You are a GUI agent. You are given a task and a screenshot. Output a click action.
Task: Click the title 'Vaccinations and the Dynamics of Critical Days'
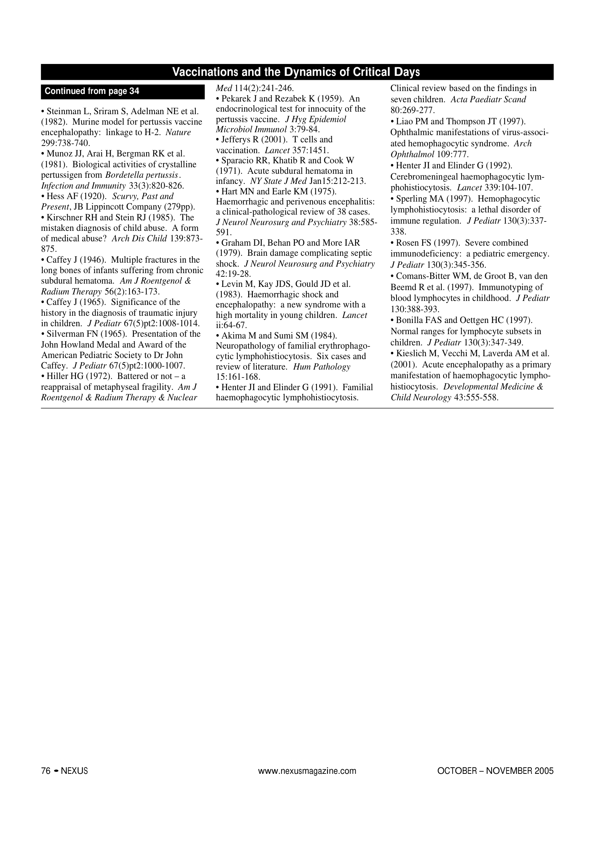[296, 72]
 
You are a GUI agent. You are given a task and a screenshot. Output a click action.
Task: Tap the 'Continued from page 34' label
[92, 91]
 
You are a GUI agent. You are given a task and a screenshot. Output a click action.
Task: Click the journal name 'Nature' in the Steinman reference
[178, 132]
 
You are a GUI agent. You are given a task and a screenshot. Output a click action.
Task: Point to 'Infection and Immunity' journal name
[83, 185]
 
